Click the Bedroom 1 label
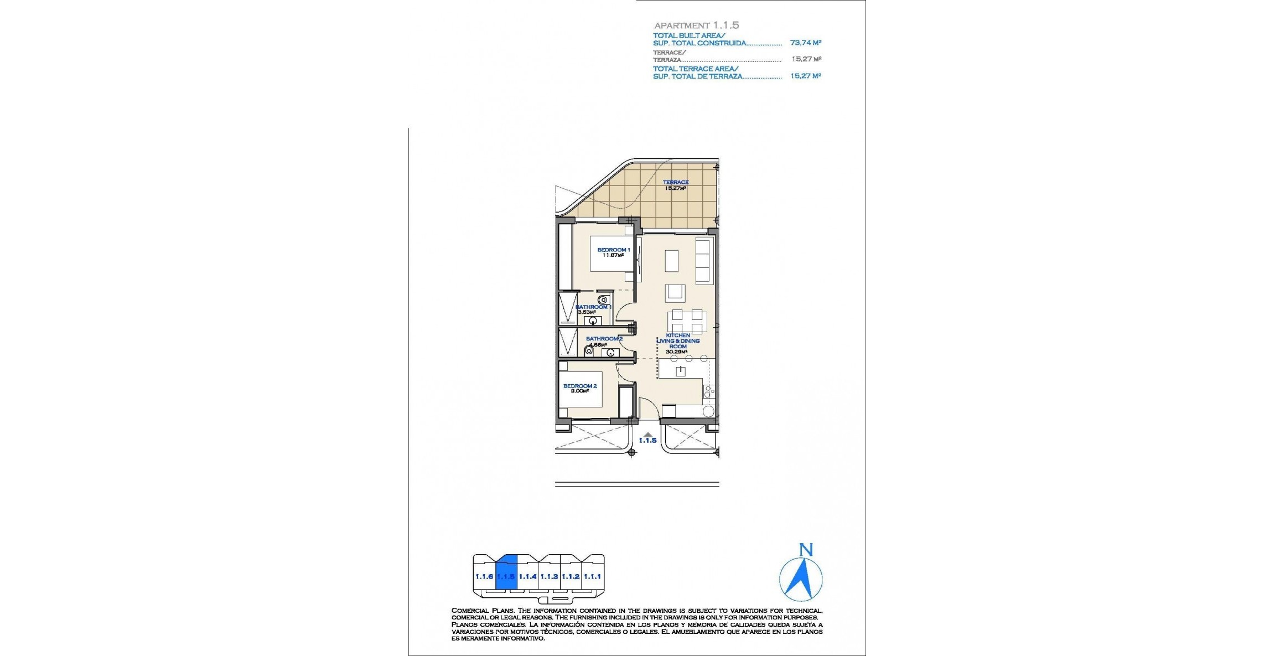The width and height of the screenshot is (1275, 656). pos(613,250)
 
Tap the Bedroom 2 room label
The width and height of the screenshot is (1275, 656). pos(579,386)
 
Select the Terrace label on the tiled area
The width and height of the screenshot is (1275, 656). pos(676,182)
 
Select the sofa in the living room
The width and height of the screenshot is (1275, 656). pos(704,261)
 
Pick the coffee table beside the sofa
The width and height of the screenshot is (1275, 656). pos(671,261)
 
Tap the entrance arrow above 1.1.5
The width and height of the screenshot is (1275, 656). pos(647,434)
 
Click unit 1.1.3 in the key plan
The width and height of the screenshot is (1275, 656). pos(549,577)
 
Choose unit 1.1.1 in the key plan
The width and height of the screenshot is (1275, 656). pos(593,577)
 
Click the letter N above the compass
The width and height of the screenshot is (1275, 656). pos(806,550)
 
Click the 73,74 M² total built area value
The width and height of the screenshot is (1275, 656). pos(805,43)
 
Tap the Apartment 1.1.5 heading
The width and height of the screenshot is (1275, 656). pos(696,25)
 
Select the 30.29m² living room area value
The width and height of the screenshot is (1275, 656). pos(676,352)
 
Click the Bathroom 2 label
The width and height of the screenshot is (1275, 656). pos(604,339)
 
